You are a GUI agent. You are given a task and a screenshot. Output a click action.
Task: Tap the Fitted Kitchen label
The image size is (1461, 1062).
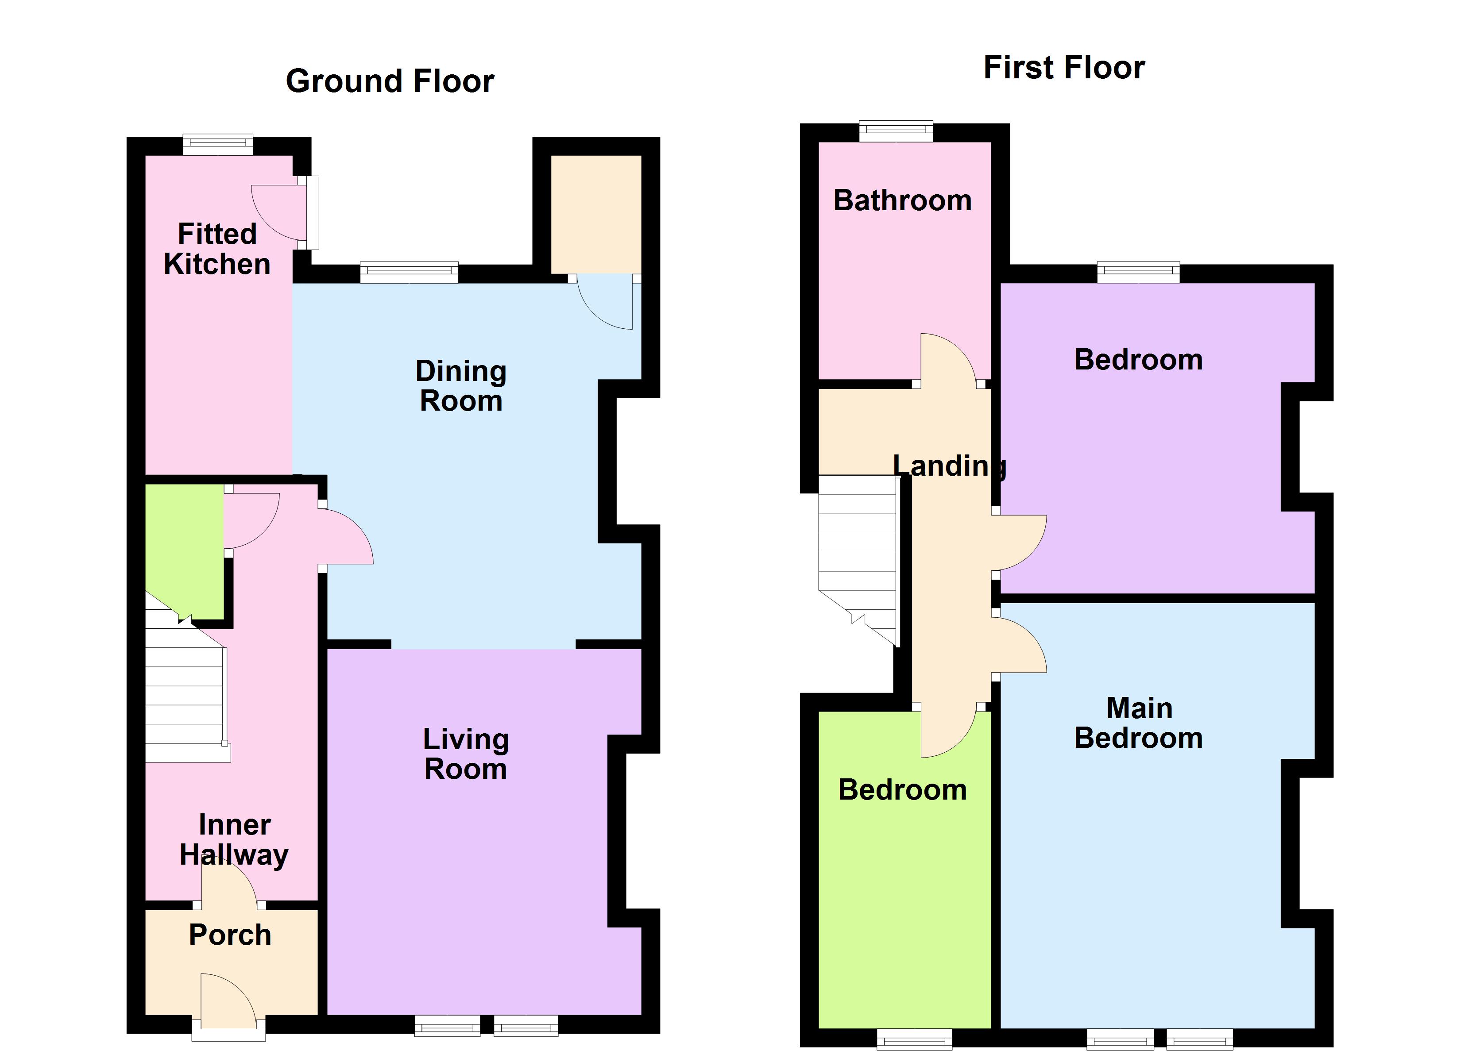coord(217,249)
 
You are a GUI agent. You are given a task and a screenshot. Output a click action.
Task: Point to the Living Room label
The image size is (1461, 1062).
coord(466,754)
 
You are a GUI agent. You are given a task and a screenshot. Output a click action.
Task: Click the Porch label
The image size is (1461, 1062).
coord(230,935)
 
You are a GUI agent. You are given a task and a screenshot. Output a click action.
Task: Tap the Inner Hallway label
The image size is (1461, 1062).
coord(234,840)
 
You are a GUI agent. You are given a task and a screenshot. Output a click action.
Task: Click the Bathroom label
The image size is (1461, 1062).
coord(902,200)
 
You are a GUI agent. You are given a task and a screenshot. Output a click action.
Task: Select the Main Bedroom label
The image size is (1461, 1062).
coord(1138,723)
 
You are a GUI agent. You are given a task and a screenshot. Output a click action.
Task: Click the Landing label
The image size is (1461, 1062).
coord(950,466)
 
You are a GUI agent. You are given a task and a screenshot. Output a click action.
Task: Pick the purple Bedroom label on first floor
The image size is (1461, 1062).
coord(1138,359)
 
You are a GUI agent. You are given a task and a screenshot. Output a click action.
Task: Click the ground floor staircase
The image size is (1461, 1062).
coord(185,702)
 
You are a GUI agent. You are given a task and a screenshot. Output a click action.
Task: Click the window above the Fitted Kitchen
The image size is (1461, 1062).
coord(218,144)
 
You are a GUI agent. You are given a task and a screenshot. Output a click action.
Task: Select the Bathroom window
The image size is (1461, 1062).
coord(895,131)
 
